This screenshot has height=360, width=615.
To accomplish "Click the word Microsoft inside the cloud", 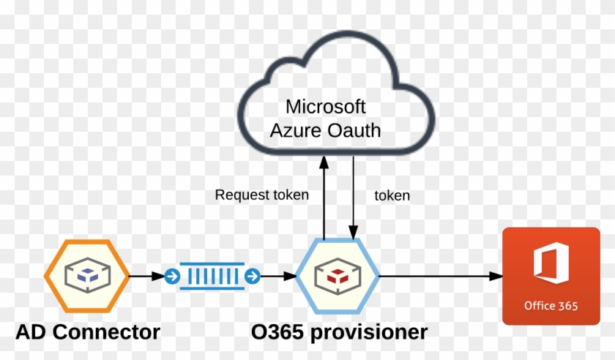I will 325,106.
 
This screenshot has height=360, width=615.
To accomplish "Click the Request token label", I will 261,195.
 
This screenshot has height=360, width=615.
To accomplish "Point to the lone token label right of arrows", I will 392,195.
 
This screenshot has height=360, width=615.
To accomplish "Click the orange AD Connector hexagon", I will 86,276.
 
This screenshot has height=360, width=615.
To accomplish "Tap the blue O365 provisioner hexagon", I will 338,276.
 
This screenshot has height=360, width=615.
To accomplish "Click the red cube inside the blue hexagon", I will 338,277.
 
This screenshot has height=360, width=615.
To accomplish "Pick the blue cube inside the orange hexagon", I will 86,277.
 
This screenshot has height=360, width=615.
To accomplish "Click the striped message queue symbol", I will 212,277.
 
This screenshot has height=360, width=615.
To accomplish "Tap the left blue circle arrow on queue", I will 172,277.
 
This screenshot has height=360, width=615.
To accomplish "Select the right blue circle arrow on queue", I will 253,277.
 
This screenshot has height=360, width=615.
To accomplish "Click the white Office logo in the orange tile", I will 551,264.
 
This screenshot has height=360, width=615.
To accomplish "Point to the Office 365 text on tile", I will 551,305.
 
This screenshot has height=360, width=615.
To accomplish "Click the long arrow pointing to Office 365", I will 439,277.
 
